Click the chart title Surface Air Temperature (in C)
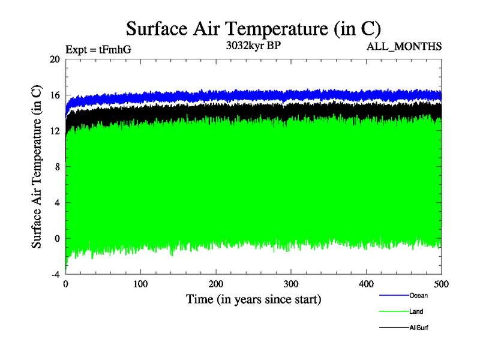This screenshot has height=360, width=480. (253, 28)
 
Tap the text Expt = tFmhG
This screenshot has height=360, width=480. (98, 50)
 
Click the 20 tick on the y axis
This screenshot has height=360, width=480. (55, 59)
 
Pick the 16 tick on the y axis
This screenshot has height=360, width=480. (55, 95)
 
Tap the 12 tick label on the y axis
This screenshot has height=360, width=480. (55, 131)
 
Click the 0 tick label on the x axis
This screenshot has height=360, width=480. (65, 283)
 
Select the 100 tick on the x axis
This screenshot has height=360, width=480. (140, 283)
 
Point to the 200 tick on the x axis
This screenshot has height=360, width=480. (216, 283)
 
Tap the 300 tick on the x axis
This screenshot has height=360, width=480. (291, 283)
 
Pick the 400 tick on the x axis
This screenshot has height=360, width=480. (366, 283)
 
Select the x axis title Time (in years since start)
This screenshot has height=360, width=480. (253, 298)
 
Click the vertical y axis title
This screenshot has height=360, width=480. (37, 167)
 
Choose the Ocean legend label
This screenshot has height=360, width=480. (418, 295)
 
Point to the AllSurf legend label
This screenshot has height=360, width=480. (419, 328)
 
